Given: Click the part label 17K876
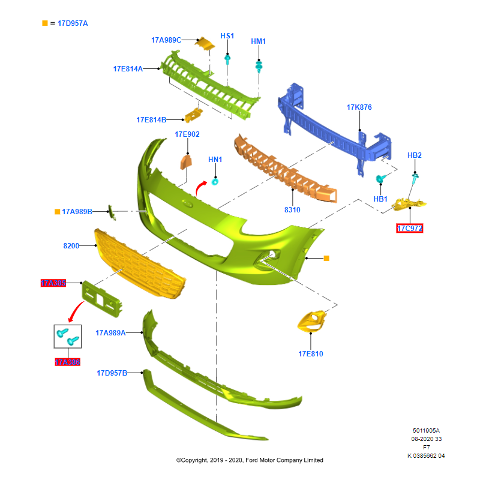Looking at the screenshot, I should pos(359,107).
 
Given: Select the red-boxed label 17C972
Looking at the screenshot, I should pos(410,229).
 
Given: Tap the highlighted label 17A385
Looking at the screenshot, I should pos(53,283).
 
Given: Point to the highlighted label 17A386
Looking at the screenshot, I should pos(67,362).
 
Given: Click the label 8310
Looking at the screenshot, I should pos(292,210).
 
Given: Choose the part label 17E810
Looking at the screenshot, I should pos(311,354).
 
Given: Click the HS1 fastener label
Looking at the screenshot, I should pos(227,36).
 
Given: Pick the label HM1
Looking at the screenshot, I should pos(258,41).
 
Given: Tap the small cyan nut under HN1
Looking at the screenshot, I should pos(215,182).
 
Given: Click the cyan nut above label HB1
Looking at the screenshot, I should pos(379,179).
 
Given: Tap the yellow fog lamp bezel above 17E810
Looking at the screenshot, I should pos(312,322).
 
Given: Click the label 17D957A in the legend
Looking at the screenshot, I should pos(73,23).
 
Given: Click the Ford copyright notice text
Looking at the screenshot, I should pos(250,460).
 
